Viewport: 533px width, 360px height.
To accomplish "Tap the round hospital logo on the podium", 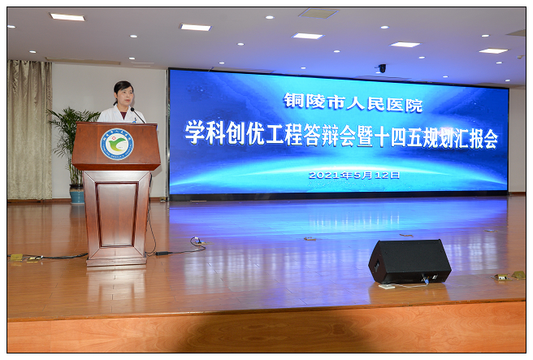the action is point(117,144).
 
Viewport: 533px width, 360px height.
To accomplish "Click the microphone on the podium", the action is point(137,115).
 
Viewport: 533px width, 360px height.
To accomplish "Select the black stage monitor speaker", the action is point(409,261).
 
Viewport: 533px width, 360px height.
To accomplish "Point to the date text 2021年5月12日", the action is point(354,175).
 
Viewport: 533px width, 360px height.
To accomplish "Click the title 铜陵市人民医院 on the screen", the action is point(353,102).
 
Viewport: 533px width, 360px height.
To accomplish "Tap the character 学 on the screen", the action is point(195,132).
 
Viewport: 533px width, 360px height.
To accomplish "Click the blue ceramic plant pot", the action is point(77,193).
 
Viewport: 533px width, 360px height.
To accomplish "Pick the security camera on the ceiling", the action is point(382,68).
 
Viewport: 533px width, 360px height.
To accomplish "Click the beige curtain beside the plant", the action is point(29,129).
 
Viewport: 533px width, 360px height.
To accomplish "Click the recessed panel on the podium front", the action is point(117,215).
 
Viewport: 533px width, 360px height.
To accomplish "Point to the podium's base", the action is point(116,261).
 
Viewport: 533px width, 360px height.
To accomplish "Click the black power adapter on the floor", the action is point(160,254).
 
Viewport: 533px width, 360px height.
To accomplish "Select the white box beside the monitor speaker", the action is point(387,286).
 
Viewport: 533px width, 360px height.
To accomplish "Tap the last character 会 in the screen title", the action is point(489,139).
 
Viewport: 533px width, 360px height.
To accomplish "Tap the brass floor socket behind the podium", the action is point(16,258).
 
